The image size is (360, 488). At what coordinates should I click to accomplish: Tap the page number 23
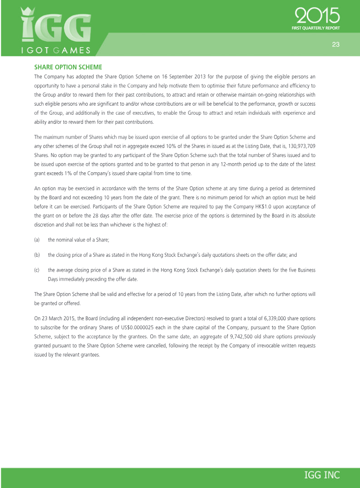point(335,44)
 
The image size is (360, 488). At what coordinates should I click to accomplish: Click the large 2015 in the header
point(317,17)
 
